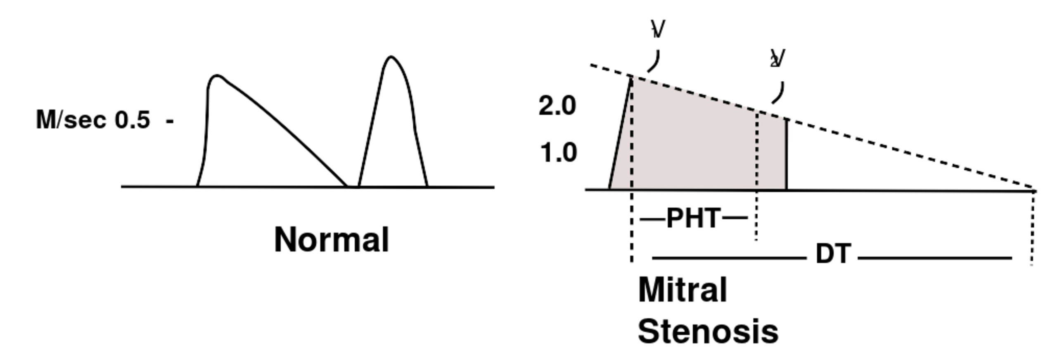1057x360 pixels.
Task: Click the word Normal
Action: point(332,240)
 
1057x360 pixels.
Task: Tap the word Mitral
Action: point(683,290)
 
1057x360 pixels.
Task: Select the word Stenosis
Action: point(708,332)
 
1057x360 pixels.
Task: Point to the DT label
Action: point(833,254)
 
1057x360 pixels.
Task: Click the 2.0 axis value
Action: point(557,106)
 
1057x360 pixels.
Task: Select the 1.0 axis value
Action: point(558,153)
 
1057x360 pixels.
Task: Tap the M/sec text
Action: point(72,120)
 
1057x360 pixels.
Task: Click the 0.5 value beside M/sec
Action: point(132,120)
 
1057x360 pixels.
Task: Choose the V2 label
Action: point(778,59)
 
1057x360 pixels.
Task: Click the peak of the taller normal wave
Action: point(391,57)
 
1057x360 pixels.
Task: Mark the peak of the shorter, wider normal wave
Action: point(216,76)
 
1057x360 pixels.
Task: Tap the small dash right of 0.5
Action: point(170,121)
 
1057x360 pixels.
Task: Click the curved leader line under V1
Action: point(654,62)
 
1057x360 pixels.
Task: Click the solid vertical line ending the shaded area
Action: point(786,155)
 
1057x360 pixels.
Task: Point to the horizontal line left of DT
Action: point(729,258)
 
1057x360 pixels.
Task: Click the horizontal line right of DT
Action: point(935,258)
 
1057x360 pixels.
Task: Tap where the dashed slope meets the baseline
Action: point(1033,190)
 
